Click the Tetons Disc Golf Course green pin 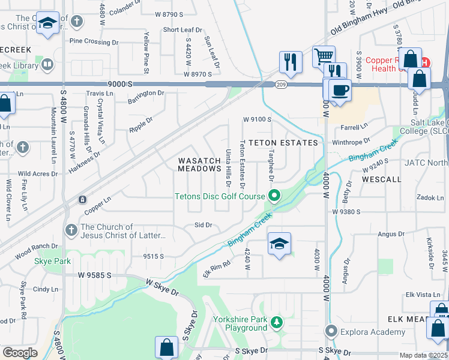click(274, 196)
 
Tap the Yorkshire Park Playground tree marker click(276, 323)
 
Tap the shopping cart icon click(324, 57)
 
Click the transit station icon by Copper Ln click(82, 199)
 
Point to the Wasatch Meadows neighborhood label click(199, 164)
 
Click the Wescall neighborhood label click(382, 179)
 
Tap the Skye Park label click(53, 261)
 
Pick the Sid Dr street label click(203, 225)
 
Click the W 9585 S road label click(95, 275)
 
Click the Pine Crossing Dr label click(94, 41)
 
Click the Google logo click(20, 352)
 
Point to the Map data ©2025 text click(423, 355)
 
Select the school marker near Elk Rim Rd click(279, 244)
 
